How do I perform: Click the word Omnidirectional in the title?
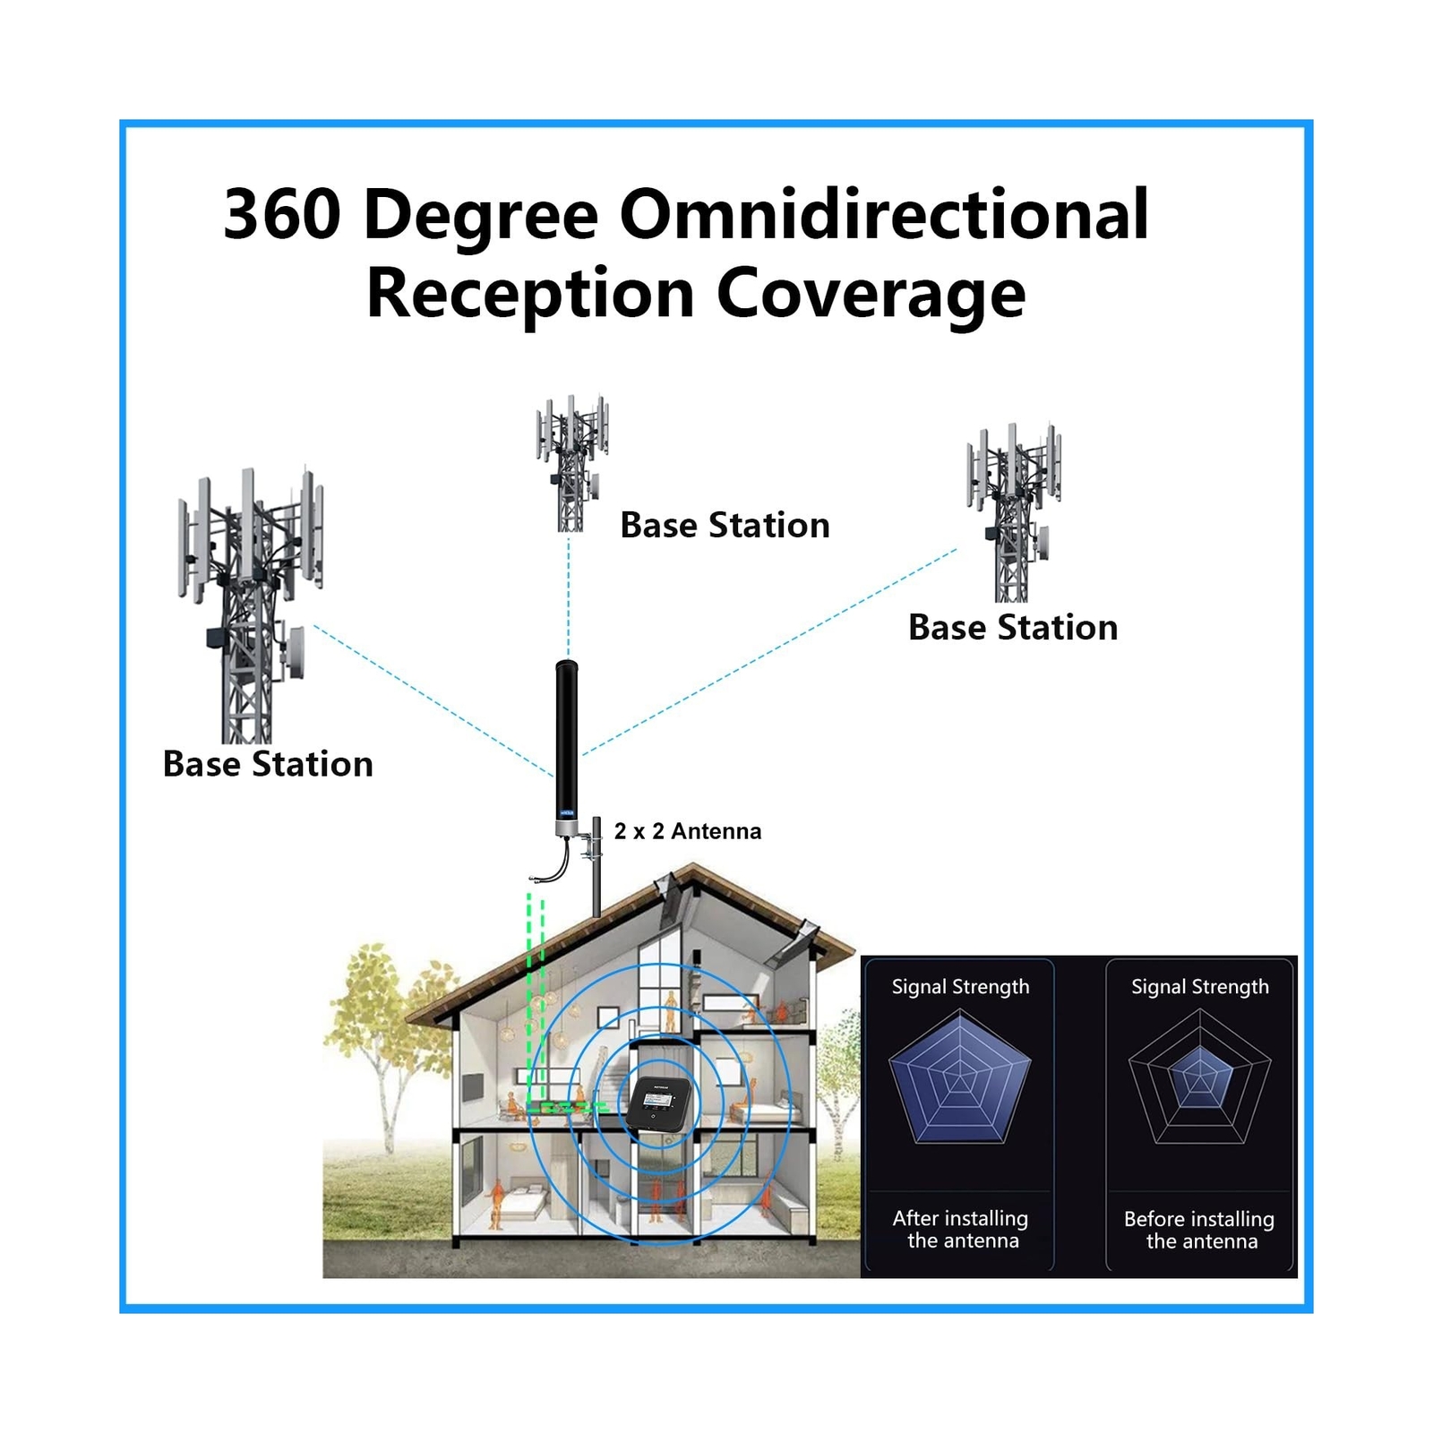(884, 215)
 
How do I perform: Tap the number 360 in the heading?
(281, 215)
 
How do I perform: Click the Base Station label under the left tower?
(268, 764)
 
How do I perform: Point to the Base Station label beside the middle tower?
(725, 525)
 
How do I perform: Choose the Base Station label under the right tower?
(1013, 627)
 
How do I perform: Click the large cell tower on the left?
(248, 600)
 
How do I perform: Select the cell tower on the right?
(1013, 511)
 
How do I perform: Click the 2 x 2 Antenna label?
(687, 831)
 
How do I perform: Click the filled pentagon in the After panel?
(959, 1079)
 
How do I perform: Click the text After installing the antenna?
(961, 1229)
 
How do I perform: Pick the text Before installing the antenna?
(1199, 1230)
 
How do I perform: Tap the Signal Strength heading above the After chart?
(960, 986)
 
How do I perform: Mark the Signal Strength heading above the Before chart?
(1199, 986)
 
